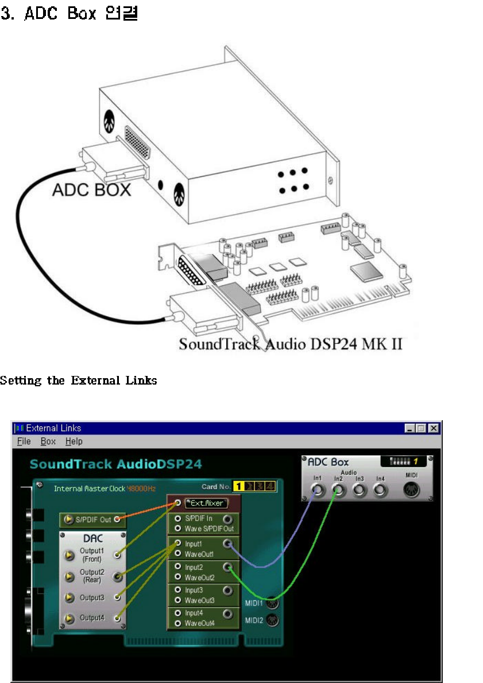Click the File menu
tap(24, 441)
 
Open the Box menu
tap(48, 441)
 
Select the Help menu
tap(74, 441)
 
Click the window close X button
tap(434, 428)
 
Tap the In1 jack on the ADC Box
tap(317, 490)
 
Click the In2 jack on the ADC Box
tap(338, 490)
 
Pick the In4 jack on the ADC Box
tap(380, 490)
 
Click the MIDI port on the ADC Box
tap(412, 490)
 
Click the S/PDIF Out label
tap(93, 520)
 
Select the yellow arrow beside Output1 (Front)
tap(69, 555)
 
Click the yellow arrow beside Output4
tap(69, 619)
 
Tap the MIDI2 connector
tap(272, 620)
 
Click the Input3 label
tap(194, 590)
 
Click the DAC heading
tap(92, 539)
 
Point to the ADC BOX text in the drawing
tap(91, 189)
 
